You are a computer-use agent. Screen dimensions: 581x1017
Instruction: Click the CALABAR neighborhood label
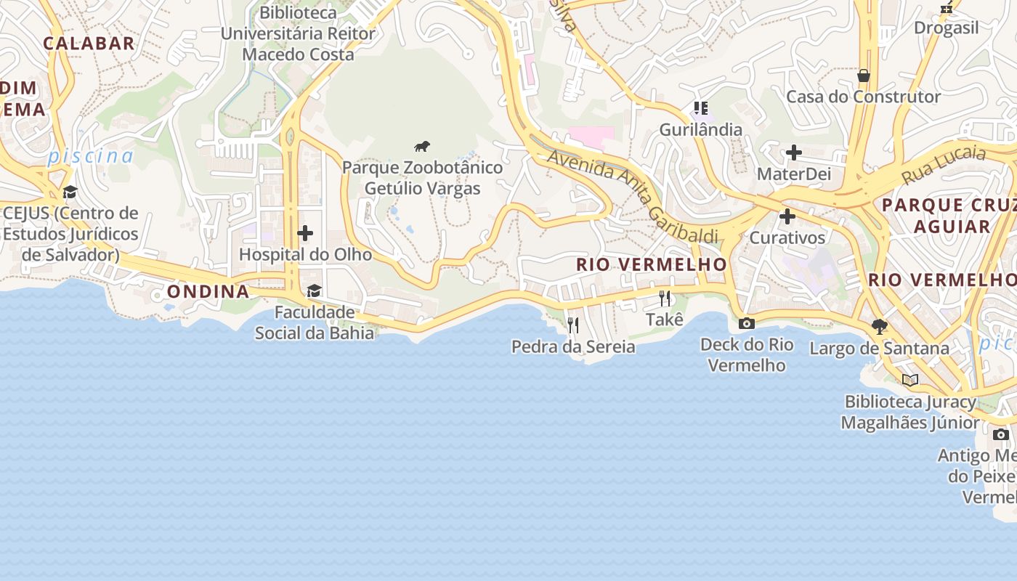[x=89, y=43]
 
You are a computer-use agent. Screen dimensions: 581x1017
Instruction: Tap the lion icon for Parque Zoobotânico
[x=422, y=147]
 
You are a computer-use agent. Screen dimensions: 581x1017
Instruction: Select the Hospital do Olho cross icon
[x=305, y=233]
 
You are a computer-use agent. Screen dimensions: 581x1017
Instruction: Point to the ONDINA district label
[x=208, y=291]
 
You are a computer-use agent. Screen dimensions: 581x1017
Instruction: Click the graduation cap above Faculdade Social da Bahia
[x=314, y=291]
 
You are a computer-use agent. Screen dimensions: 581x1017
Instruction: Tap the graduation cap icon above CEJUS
[x=70, y=192]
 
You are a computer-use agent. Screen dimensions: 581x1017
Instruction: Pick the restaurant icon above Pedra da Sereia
[x=573, y=325]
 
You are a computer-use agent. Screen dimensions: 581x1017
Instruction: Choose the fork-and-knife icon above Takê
[x=664, y=298]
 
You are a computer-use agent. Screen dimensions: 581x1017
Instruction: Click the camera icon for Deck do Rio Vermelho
[x=746, y=323]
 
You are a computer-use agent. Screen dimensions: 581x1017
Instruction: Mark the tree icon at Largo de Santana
[x=879, y=327]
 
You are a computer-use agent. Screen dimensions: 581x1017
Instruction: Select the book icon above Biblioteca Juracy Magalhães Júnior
[x=909, y=380]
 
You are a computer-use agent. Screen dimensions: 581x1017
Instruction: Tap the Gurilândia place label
[x=700, y=130]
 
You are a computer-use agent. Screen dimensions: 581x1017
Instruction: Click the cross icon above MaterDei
[x=793, y=153]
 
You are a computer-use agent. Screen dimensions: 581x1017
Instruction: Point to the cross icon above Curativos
[x=787, y=216]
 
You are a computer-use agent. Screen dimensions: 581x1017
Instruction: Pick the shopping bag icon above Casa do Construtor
[x=863, y=76]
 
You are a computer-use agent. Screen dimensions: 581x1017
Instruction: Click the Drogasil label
[x=946, y=28]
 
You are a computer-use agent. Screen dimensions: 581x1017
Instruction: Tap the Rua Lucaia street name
[x=944, y=165]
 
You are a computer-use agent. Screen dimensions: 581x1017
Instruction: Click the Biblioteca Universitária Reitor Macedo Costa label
[x=298, y=33]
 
